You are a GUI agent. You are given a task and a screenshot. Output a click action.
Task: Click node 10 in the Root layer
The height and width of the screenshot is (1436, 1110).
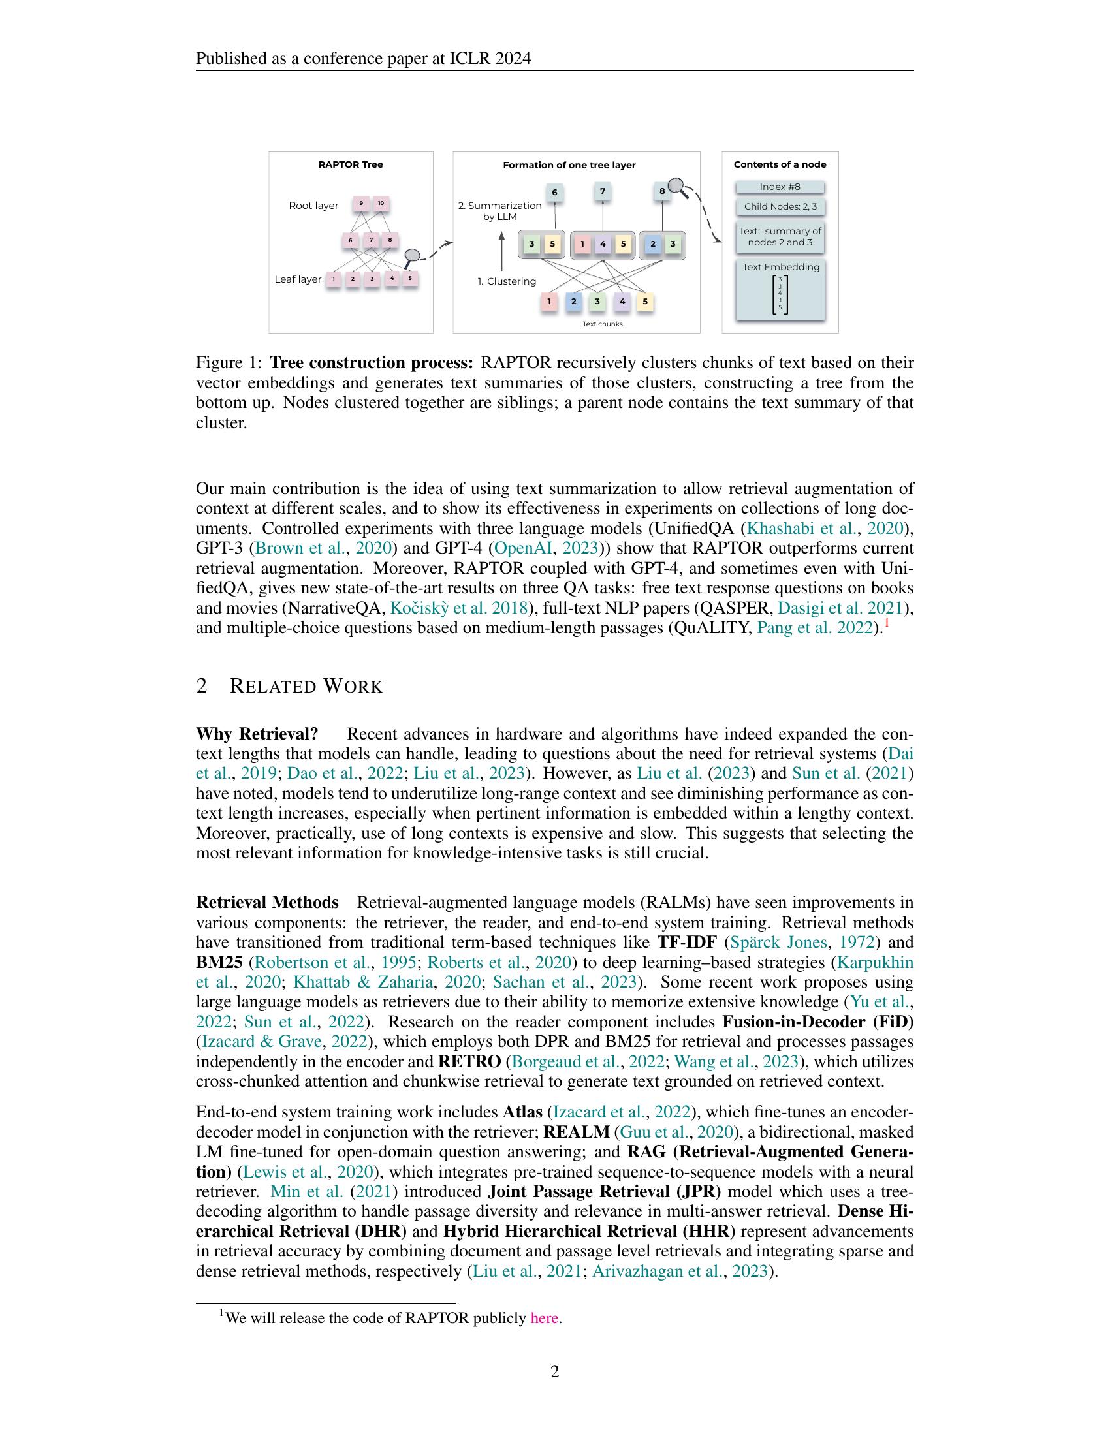click(x=381, y=204)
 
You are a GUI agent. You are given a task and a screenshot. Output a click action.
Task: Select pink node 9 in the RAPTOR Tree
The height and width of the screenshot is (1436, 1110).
click(x=361, y=204)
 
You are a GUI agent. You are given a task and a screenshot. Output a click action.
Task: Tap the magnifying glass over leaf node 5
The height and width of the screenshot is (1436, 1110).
click(x=412, y=255)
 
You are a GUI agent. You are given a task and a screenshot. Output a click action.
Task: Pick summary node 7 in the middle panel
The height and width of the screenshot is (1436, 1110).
click(x=603, y=192)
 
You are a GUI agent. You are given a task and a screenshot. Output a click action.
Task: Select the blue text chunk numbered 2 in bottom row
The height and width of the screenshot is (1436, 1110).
click(x=573, y=302)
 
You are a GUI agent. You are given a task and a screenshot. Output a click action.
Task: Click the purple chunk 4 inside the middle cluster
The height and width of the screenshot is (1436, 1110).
click(x=603, y=245)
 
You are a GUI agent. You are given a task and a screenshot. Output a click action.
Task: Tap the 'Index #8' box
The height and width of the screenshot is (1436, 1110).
click(x=780, y=187)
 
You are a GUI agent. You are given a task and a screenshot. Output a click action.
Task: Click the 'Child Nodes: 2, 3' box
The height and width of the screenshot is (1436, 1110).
click(x=780, y=206)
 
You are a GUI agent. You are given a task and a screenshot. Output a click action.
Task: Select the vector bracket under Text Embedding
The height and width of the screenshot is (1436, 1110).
click(x=780, y=294)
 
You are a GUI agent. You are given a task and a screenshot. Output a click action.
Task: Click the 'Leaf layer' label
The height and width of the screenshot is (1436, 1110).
click(x=297, y=279)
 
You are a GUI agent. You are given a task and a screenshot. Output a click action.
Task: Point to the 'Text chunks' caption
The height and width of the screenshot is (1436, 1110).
click(x=603, y=324)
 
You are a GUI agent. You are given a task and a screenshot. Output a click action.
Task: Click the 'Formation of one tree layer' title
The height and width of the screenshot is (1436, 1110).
click(x=569, y=165)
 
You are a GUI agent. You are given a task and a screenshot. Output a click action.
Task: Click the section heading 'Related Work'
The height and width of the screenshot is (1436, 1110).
click(x=306, y=687)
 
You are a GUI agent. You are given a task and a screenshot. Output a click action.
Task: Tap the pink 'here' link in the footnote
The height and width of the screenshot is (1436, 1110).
click(x=544, y=1319)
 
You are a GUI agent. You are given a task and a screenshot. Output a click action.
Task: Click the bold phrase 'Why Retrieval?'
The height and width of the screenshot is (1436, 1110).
click(x=257, y=734)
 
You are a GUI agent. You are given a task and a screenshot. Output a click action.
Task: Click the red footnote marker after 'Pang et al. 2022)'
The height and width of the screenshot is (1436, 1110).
click(x=887, y=623)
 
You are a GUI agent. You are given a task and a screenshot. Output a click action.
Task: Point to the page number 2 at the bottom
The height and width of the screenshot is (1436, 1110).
click(x=554, y=1371)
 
